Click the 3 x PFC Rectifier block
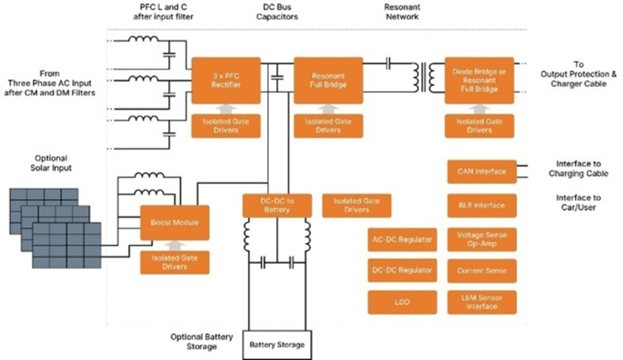226,81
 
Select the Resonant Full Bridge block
328,81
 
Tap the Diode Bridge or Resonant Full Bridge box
480,81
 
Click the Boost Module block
174,223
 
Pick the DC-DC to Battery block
276,205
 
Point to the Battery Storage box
277,345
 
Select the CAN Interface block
481,171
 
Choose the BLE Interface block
481,205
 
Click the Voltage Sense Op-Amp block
481,239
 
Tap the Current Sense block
481,270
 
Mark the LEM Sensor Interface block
481,301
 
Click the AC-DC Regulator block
402,240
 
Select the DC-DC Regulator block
402,270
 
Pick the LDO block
402,301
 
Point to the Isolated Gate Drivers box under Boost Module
174,262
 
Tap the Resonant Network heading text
402,12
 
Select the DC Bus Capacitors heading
276,12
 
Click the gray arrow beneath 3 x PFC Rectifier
226,109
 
